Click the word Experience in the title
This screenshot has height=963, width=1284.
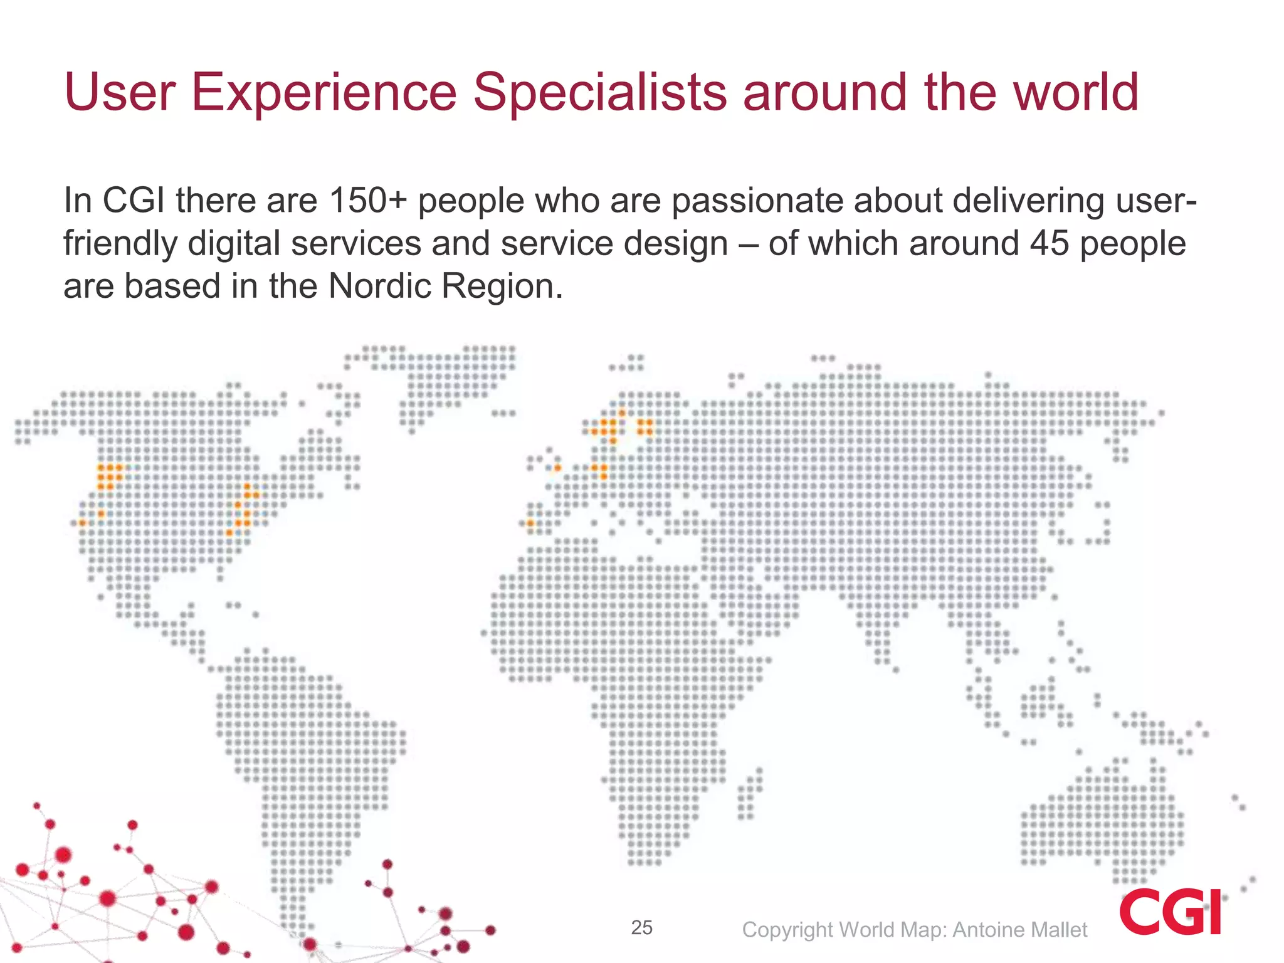[x=324, y=93]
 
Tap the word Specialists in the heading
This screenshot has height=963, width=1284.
[x=599, y=93]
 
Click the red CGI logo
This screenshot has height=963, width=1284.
[x=1170, y=911]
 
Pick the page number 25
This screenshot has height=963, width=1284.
[x=641, y=927]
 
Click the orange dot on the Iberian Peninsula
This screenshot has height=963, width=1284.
[x=530, y=523]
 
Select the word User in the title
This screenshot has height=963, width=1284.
[x=119, y=93]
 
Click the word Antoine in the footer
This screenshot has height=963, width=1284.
[x=987, y=930]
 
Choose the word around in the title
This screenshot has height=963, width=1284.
[x=825, y=93]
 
